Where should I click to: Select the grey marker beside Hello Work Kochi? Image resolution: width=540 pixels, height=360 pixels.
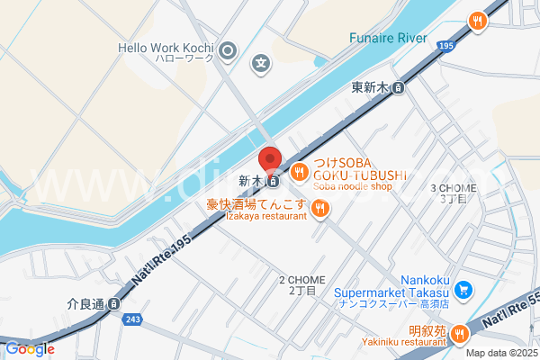pyautogui.click(x=229, y=50)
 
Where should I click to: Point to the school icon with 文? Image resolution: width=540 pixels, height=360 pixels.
pyautogui.click(x=261, y=64)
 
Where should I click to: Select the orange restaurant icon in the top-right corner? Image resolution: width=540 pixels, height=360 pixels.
pyautogui.click(x=478, y=20)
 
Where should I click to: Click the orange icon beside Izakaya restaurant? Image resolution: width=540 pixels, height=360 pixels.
pyautogui.click(x=320, y=211)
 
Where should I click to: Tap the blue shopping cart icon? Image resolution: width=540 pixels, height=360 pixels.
pyautogui.click(x=463, y=290)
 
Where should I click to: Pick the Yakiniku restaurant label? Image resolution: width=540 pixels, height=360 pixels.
pyautogui.click(x=414, y=343)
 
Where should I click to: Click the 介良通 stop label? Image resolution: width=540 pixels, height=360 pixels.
pyautogui.click(x=86, y=304)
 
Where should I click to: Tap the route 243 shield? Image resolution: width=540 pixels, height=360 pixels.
pyautogui.click(x=133, y=319)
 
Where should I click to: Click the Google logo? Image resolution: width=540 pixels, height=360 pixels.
pyautogui.click(x=30, y=348)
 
